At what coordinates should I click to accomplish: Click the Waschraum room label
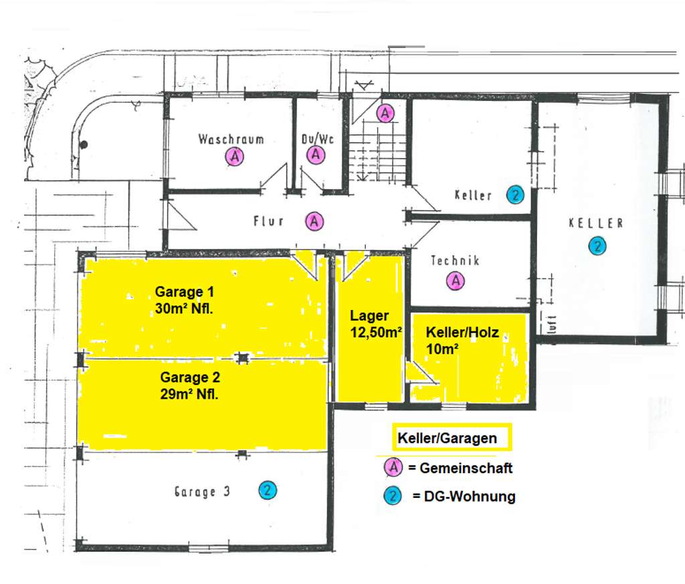click(x=231, y=140)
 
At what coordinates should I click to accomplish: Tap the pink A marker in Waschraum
click(x=234, y=157)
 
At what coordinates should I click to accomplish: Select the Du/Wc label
click(x=317, y=140)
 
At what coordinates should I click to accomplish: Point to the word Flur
click(x=269, y=221)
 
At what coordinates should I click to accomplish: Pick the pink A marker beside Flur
click(x=314, y=221)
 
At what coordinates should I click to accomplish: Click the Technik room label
click(x=455, y=261)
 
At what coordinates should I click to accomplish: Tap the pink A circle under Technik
click(x=456, y=281)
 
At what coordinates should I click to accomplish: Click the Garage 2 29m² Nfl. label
click(x=189, y=384)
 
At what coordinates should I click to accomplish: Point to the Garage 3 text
click(x=202, y=492)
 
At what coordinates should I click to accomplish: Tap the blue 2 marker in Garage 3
click(x=268, y=491)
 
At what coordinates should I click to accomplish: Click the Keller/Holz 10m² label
click(x=463, y=339)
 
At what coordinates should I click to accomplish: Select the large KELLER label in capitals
click(x=595, y=223)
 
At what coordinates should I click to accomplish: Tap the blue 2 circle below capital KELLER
click(x=597, y=246)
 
